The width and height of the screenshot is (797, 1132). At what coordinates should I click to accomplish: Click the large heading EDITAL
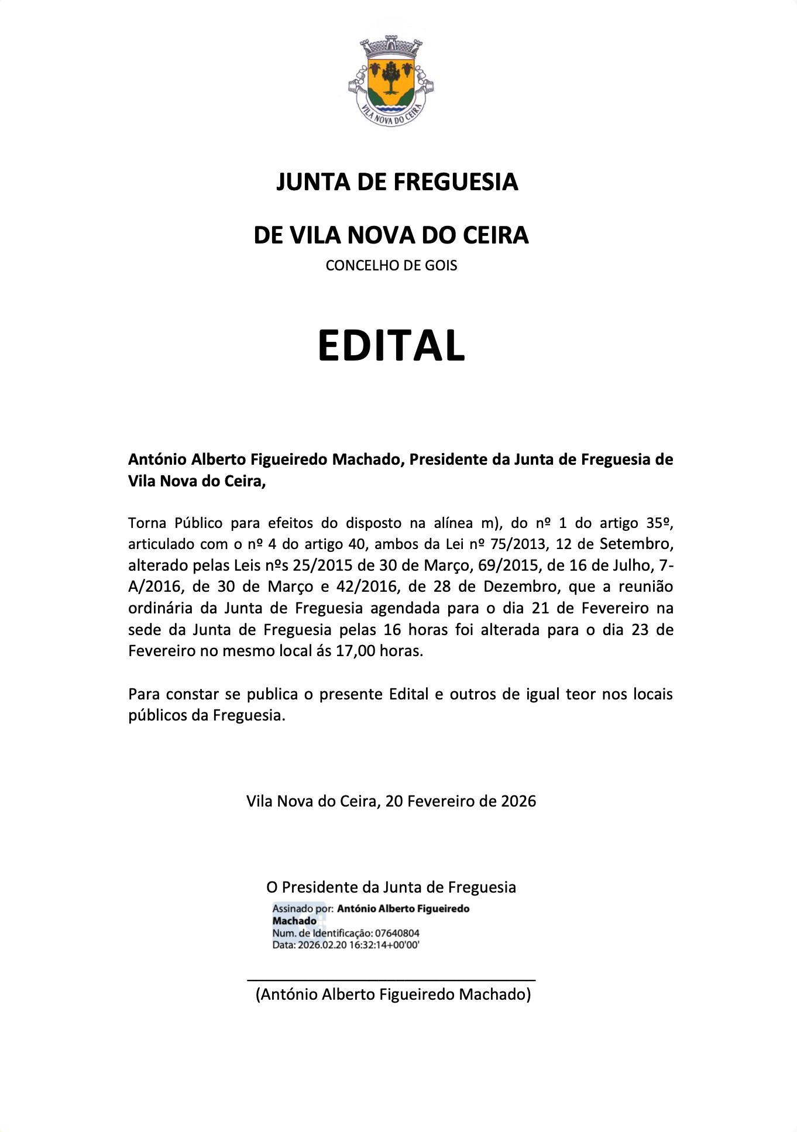tap(391, 345)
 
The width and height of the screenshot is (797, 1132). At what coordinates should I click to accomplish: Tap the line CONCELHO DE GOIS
tap(391, 266)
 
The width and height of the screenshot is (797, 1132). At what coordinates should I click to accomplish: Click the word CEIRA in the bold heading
tap(496, 235)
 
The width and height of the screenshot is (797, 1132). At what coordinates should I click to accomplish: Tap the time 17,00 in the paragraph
tap(354, 651)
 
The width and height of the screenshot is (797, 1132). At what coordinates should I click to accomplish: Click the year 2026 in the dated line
tap(518, 801)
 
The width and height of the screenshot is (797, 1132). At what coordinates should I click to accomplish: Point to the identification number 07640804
tap(397, 933)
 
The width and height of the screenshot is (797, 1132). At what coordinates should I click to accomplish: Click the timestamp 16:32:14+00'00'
tap(384, 945)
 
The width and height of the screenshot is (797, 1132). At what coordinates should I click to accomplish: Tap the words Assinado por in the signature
tap(303, 909)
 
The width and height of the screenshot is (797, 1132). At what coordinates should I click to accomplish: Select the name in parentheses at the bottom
tap(393, 994)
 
